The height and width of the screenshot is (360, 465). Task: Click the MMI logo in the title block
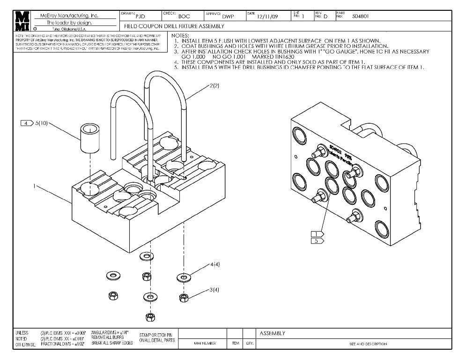(x=21, y=21)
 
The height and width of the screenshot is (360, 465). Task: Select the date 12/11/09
(x=268, y=17)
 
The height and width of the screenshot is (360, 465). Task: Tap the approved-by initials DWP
(x=228, y=17)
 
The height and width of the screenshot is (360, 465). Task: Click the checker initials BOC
(x=184, y=16)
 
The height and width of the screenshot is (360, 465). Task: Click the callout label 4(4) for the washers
(x=215, y=265)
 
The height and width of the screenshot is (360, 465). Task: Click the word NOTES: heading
(x=181, y=36)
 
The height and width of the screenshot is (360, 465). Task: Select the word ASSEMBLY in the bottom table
(x=272, y=333)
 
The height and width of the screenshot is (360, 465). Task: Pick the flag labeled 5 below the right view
(x=317, y=241)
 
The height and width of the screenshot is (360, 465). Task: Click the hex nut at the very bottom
(x=151, y=317)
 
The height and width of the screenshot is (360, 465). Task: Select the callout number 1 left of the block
(x=34, y=186)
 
